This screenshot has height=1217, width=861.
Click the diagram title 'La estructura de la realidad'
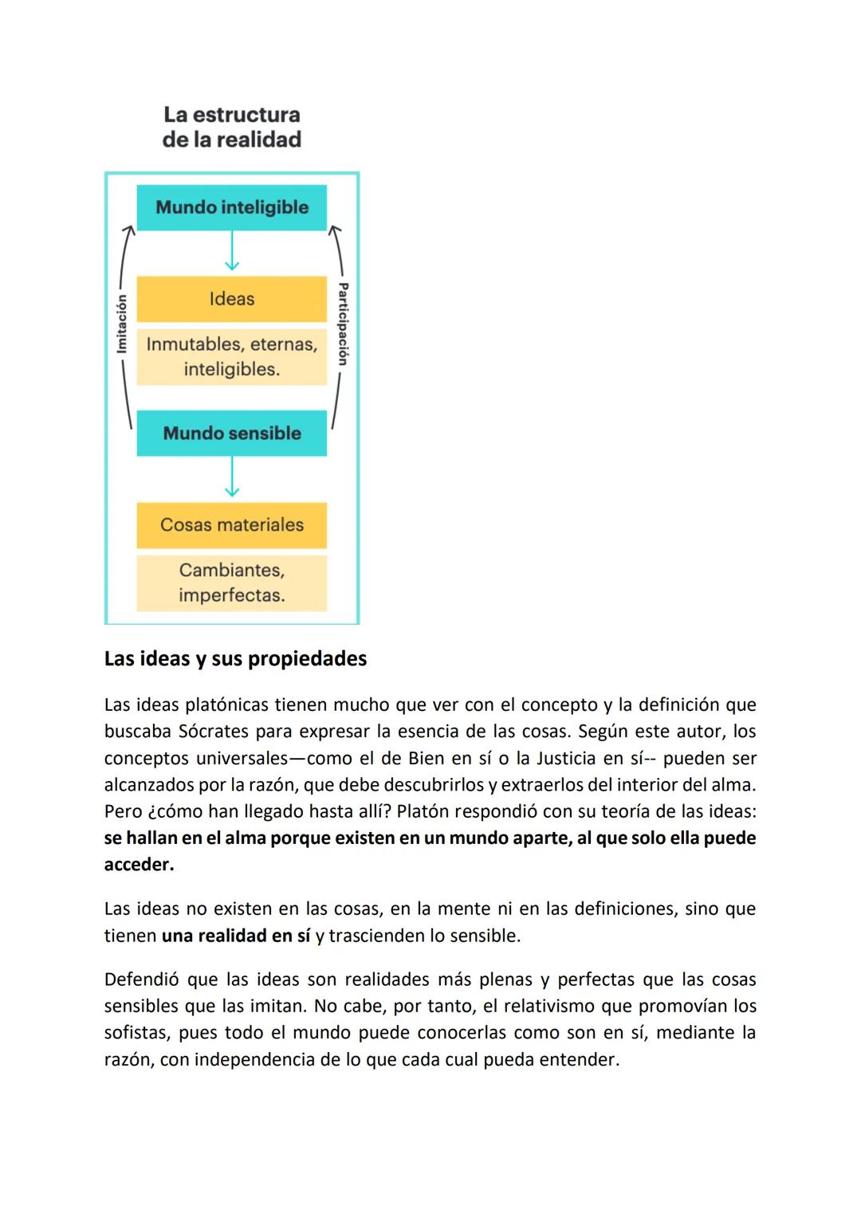click(x=231, y=127)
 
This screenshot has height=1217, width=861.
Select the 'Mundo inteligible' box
click(x=231, y=207)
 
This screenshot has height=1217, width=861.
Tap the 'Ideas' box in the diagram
click(x=231, y=299)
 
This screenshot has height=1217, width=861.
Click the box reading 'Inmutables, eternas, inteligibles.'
click(x=231, y=356)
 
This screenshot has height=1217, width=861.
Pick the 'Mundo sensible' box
click(x=231, y=433)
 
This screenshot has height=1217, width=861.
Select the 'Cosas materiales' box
click(x=231, y=524)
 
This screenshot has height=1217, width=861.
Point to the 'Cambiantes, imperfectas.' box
click(x=231, y=583)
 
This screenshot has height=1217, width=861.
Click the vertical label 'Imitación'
click(x=121, y=323)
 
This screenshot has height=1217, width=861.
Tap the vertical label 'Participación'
click(x=343, y=323)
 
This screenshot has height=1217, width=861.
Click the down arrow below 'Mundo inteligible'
click(x=231, y=253)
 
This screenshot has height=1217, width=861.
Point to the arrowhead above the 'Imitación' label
click(x=128, y=230)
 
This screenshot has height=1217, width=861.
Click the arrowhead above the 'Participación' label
click(x=334, y=230)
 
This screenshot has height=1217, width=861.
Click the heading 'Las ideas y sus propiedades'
click(x=235, y=658)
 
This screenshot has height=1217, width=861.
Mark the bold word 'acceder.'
click(x=139, y=865)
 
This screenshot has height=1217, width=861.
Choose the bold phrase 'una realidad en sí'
click(x=236, y=936)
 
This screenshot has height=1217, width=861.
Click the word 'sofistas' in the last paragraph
click(x=136, y=1033)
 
